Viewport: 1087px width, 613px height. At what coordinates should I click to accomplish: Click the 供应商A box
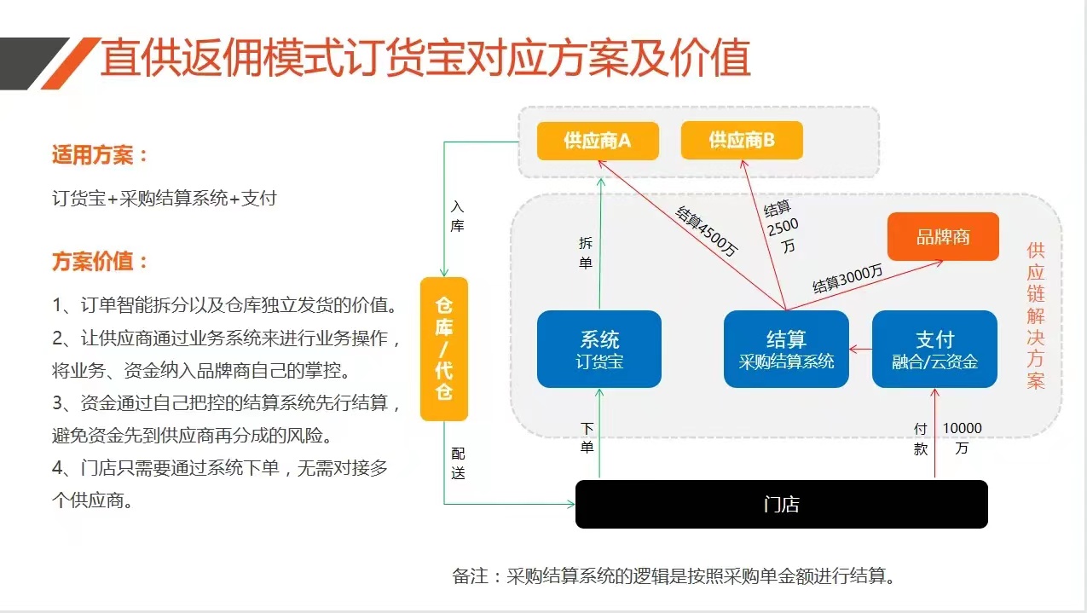click(598, 141)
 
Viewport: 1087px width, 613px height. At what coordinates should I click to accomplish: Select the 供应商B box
click(742, 141)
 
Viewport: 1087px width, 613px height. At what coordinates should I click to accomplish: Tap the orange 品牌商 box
click(943, 236)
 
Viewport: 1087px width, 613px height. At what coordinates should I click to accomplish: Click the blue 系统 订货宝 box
click(598, 349)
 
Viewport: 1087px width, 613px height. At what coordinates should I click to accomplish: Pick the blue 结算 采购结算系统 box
click(786, 349)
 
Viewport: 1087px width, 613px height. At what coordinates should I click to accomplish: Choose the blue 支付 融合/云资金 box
click(934, 349)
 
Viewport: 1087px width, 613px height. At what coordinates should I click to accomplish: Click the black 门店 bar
click(781, 504)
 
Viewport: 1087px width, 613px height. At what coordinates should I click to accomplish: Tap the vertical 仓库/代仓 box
click(444, 349)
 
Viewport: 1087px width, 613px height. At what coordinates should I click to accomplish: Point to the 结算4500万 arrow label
click(707, 231)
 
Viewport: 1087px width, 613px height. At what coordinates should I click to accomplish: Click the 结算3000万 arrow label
click(847, 279)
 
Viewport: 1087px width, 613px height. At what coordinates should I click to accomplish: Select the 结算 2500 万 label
click(781, 226)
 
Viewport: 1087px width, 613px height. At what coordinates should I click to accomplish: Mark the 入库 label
click(457, 217)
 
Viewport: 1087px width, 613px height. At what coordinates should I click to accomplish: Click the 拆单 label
click(586, 253)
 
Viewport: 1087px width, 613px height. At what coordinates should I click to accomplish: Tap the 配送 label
click(458, 464)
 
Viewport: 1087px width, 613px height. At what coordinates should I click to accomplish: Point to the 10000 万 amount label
click(962, 437)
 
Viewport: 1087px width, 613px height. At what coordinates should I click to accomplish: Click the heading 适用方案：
click(100, 155)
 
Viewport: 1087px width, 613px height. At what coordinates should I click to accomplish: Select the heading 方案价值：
click(100, 261)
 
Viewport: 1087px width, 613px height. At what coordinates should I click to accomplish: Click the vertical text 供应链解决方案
click(1036, 315)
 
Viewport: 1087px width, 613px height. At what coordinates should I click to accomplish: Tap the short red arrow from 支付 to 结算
click(861, 349)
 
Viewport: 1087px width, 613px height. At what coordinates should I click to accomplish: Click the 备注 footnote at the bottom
click(674, 576)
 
